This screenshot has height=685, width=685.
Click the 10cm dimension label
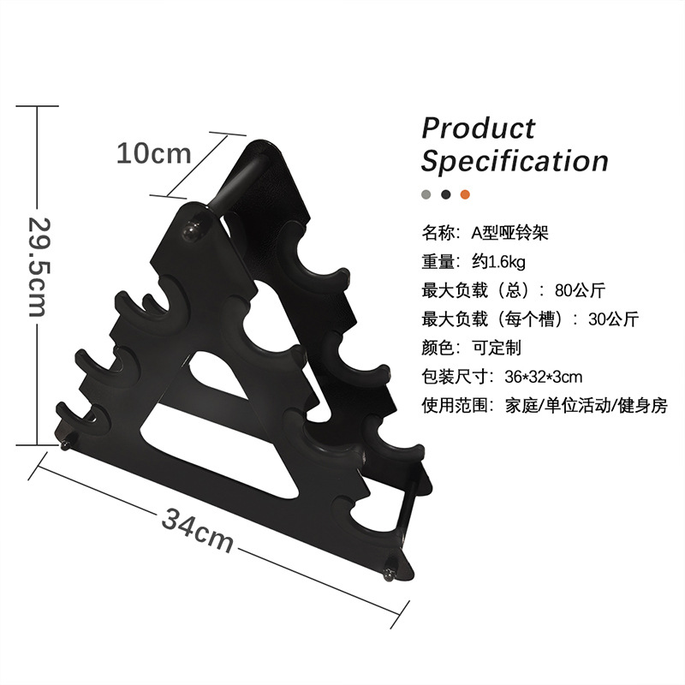(153, 153)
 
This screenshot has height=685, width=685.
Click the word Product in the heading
(478, 128)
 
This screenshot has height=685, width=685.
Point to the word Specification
(515, 160)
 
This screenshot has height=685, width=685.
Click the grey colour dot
(426, 194)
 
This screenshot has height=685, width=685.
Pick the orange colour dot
(465, 194)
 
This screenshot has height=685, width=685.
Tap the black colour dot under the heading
(445, 194)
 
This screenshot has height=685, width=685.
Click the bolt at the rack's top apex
(192, 228)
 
